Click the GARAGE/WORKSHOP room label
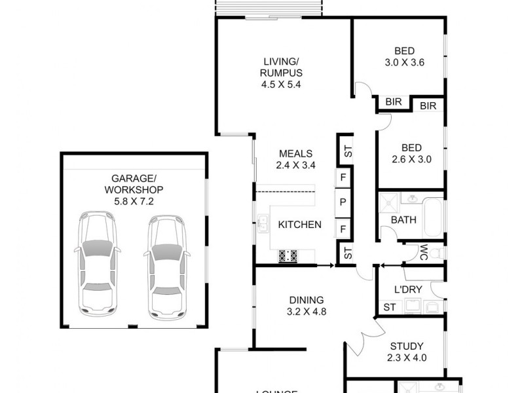133,183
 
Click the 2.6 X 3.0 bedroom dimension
407,159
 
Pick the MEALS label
295,154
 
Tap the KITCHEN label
299,225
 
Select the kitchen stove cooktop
288,255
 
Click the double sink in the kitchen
263,225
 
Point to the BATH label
403,220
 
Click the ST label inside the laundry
389,307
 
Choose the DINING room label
306,300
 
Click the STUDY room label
406,346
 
